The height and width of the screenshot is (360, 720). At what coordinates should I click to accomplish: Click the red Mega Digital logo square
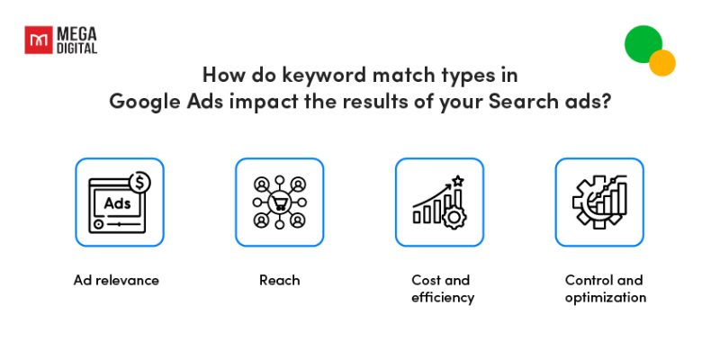38,40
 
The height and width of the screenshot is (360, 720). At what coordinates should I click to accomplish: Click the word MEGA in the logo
76,33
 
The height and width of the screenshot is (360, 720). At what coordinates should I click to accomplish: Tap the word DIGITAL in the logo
76,48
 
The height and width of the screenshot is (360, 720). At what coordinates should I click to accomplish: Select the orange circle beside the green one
662,63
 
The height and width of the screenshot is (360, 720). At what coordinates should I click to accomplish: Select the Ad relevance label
116,280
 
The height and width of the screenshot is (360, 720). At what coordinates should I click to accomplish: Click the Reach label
279,280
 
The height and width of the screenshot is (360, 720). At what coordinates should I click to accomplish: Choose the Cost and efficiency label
440,289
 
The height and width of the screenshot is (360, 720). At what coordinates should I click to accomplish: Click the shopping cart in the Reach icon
279,202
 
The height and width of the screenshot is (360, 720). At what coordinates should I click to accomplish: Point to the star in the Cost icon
457,181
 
